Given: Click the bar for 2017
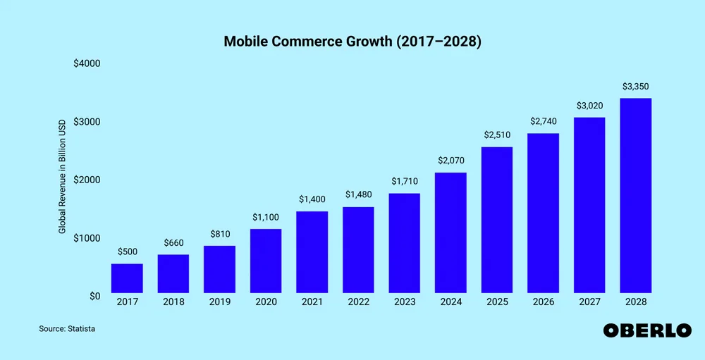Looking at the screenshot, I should (x=127, y=278).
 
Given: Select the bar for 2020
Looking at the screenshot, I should (x=266, y=261).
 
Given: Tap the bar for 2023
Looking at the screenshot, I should (x=405, y=243).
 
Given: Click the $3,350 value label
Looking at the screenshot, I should (x=636, y=87).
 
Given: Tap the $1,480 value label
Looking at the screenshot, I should (x=358, y=194).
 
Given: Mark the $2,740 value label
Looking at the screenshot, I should (x=544, y=122).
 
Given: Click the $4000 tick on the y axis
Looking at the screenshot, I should (x=87, y=63).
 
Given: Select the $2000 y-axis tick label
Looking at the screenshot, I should (x=87, y=180).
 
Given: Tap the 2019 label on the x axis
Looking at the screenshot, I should (x=219, y=302).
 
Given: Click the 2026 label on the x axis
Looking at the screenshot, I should (x=544, y=302).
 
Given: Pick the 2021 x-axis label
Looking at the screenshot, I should (x=312, y=302).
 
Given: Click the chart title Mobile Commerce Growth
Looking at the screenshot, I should (x=352, y=42).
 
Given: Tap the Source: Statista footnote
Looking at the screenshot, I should (x=67, y=329).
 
